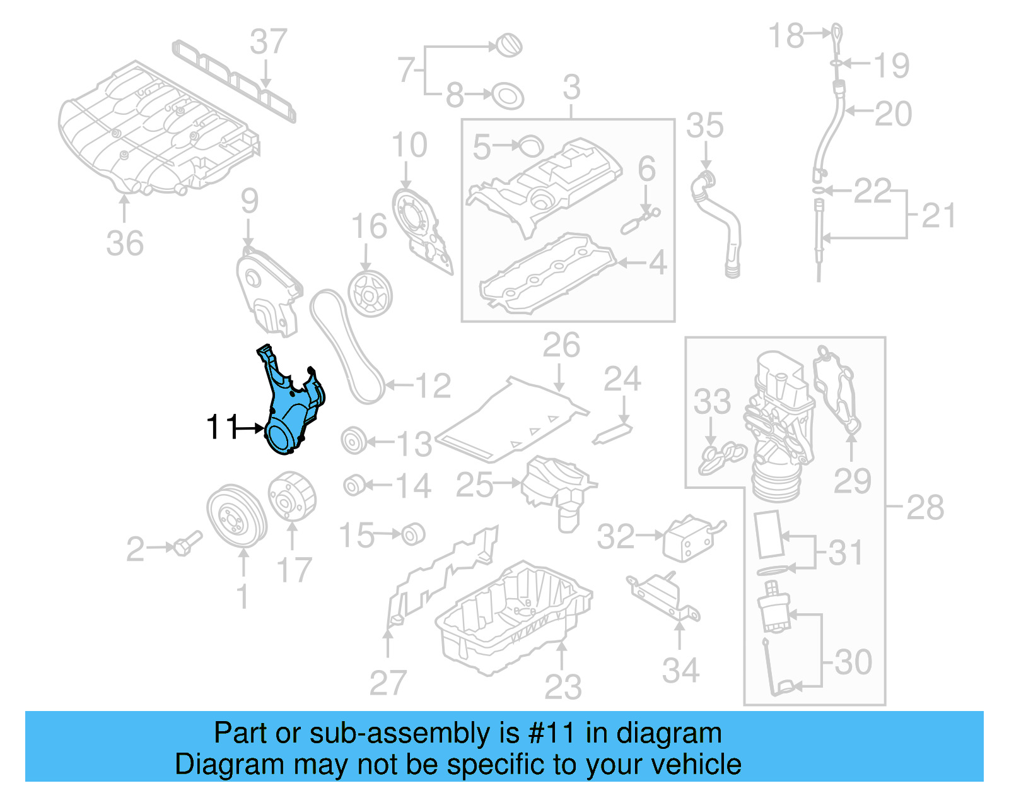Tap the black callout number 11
[x=222, y=427]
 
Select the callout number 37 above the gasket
[x=268, y=42]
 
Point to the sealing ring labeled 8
[x=507, y=95]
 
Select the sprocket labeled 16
[x=370, y=294]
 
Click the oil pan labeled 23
[x=514, y=615]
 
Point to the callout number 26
[x=561, y=346]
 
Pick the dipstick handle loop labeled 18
[x=836, y=38]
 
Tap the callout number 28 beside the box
[x=924, y=507]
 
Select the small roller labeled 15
[x=413, y=534]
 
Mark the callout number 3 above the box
[x=571, y=88]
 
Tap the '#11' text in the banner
[x=551, y=733]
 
